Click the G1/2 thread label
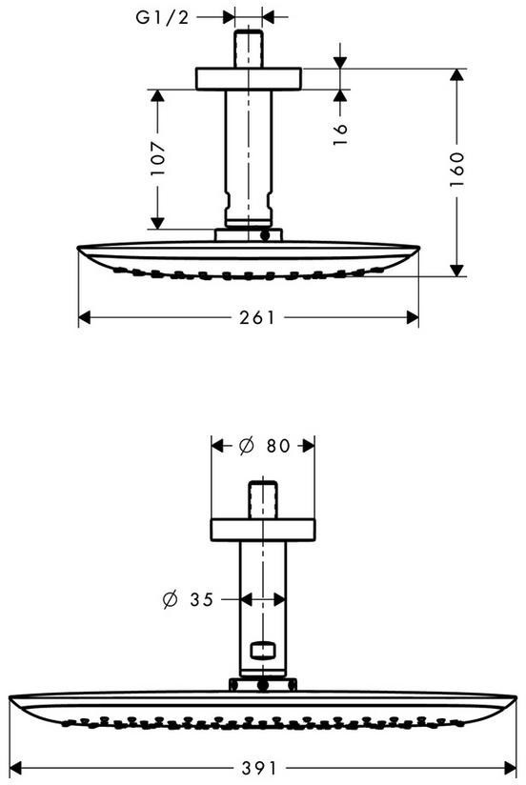[162, 17]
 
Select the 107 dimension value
[158, 159]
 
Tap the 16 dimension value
[339, 134]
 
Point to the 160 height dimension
[456, 170]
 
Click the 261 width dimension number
[257, 317]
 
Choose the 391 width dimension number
[258, 768]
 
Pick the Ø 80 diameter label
[264, 445]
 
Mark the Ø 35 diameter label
[189, 599]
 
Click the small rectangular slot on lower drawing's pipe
[263, 650]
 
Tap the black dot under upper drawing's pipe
[265, 234]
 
